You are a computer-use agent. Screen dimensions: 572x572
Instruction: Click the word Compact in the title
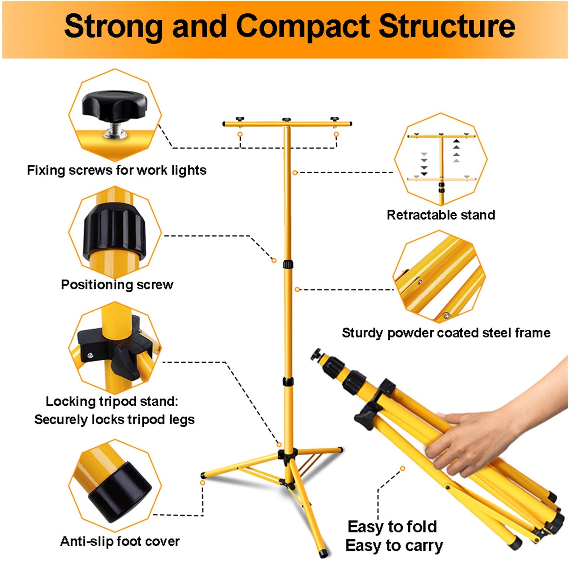pos(303,27)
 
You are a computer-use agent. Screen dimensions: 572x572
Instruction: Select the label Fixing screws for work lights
pos(117,170)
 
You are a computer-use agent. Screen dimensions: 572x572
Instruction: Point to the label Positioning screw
pos(117,284)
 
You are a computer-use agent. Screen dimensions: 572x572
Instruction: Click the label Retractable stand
pos(441,215)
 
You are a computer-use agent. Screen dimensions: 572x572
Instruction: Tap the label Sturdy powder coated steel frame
pos(446,333)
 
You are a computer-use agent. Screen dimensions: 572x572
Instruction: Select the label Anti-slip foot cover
pos(120,541)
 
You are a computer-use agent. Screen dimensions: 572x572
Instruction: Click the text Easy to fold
pos(392,527)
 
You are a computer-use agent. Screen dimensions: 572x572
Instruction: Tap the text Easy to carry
pos(394,546)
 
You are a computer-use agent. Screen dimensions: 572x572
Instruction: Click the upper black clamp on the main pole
pos(288,265)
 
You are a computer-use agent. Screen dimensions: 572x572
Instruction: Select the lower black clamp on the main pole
pos(288,382)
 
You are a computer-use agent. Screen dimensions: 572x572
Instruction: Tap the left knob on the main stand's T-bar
pos(240,119)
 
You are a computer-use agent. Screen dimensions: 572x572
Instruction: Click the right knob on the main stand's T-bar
pos(334,119)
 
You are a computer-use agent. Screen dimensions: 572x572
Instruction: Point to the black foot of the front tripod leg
pos(324,554)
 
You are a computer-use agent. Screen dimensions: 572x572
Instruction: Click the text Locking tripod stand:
pos(112,402)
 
